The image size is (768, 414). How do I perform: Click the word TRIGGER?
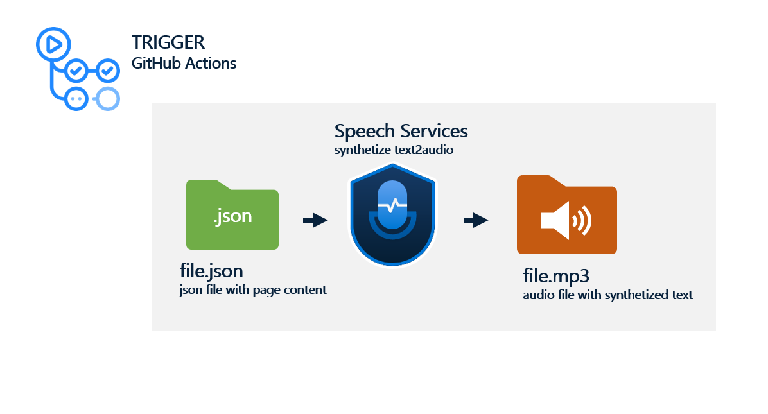[x=168, y=43]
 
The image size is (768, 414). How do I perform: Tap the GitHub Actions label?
[x=184, y=64]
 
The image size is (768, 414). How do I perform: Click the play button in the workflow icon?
[x=53, y=44]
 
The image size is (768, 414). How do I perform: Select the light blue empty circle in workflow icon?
[x=107, y=98]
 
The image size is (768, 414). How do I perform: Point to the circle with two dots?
[x=76, y=98]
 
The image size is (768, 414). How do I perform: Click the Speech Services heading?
[x=401, y=131]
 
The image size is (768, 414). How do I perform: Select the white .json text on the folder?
[x=232, y=216]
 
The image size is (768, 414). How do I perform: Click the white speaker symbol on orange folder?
[x=564, y=221]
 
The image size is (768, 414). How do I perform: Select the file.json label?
[x=211, y=271]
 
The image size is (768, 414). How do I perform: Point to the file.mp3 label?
[x=556, y=277]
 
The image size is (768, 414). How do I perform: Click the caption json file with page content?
[x=253, y=290]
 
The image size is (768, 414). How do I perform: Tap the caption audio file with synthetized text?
[x=607, y=295]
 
